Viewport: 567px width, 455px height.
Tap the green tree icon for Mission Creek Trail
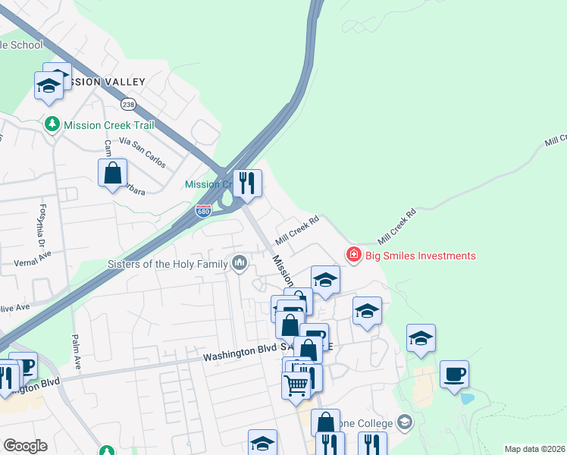coord(52,124)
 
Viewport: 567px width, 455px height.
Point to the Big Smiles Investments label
coord(421,256)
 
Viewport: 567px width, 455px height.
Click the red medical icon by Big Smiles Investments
coord(353,256)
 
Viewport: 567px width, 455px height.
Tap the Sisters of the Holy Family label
coord(169,264)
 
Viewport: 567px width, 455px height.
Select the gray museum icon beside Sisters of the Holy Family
coord(240,264)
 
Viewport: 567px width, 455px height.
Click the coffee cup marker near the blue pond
coord(454,374)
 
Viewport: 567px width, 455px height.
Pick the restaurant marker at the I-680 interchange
coord(247,183)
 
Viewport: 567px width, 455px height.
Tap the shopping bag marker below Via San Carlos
coord(113,173)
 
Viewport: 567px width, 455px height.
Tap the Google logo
coord(25,445)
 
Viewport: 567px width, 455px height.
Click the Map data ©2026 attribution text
coord(534,449)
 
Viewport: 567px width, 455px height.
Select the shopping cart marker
coord(296,385)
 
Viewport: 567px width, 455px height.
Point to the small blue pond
coord(467,398)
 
